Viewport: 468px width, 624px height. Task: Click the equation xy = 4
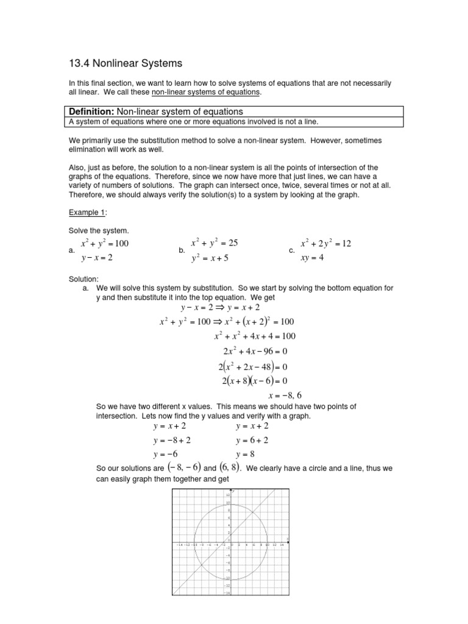312,257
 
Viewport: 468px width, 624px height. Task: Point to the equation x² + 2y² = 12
326,244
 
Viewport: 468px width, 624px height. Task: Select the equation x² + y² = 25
214,243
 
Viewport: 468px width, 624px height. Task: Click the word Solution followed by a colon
85,279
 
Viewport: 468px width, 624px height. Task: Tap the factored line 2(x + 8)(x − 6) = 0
252,381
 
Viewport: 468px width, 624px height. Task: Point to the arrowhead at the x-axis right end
288,541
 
